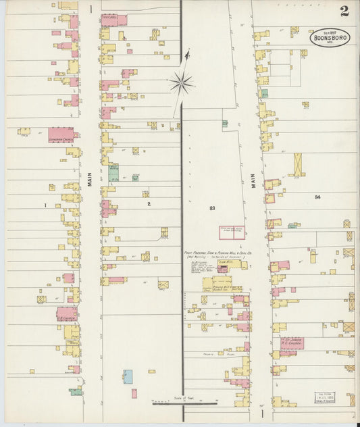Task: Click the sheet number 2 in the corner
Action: (x=344, y=11)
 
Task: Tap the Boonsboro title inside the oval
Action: (x=330, y=38)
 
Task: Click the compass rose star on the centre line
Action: (x=181, y=83)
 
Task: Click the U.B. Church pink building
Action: (x=66, y=313)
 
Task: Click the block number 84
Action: (x=317, y=197)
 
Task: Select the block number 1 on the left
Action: (x=45, y=204)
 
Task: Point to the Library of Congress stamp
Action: (x=324, y=399)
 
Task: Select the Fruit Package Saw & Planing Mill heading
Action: (x=220, y=254)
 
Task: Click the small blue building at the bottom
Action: (x=128, y=376)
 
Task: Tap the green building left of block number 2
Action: (x=113, y=173)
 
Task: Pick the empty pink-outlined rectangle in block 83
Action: (x=231, y=232)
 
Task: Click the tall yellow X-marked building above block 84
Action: (x=297, y=164)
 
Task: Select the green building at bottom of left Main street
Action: (x=76, y=391)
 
